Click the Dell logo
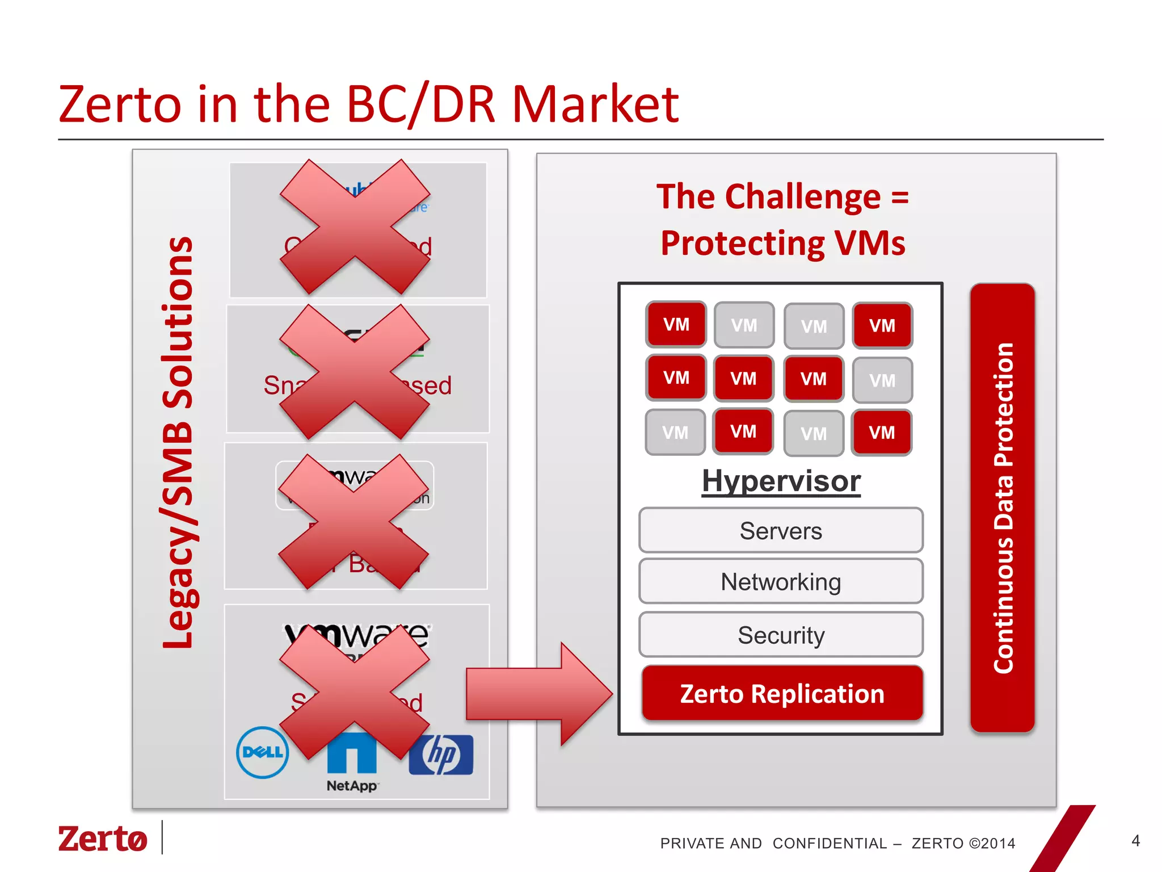coord(262,752)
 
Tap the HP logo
coord(441,755)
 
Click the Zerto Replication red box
coord(782,693)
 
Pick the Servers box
coord(781,531)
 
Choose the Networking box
coord(781,582)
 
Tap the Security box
coord(781,635)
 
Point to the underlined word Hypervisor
coord(781,481)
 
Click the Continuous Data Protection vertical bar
coord(1003,508)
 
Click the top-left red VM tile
coord(676,324)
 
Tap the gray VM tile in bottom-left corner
coord(675,433)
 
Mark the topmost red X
coord(355,227)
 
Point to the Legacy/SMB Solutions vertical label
coord(178,443)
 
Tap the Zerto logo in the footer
coord(103,839)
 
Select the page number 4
coord(1135,841)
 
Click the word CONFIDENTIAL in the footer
coord(830,844)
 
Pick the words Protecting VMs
coord(782,243)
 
